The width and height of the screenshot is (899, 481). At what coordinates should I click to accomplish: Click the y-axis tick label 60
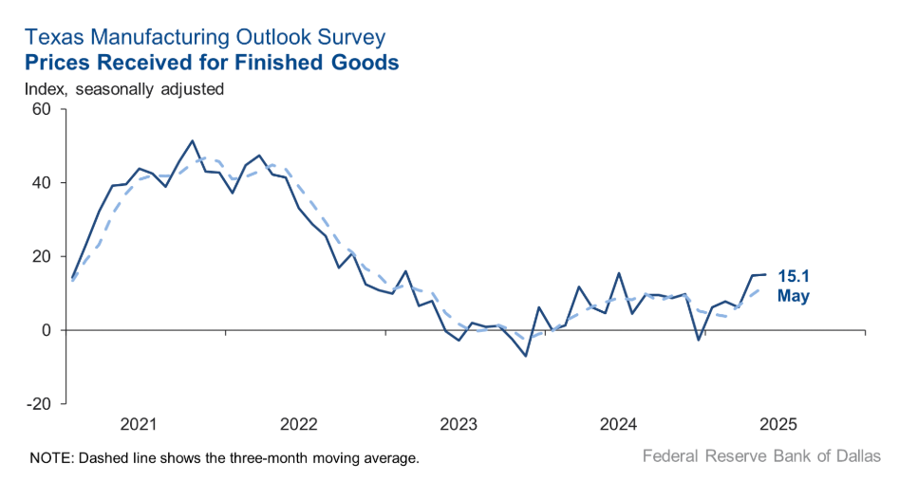pos(40,108)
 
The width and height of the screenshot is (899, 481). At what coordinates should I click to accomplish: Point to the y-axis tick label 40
pos(40,182)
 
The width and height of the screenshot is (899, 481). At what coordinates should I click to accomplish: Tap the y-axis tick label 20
pos(40,256)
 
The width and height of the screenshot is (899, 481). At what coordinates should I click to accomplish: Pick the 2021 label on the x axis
pos(139,422)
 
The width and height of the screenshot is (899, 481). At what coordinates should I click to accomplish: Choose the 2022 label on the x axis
pos(299,422)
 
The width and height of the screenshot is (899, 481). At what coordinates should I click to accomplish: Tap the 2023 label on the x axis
pos(460,422)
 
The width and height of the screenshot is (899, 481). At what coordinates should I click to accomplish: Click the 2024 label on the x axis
pos(621,422)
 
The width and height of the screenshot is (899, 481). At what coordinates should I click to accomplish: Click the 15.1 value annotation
pos(795,277)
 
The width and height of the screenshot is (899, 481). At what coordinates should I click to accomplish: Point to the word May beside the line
pos(794,296)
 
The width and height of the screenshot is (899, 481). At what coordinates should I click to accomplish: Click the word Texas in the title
pos(51,38)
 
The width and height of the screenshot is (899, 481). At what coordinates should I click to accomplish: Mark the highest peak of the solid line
pos(193,140)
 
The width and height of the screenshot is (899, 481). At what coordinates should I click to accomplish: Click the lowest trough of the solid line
pos(526,356)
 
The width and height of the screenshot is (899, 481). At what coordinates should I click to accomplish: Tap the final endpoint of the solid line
pos(765,274)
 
